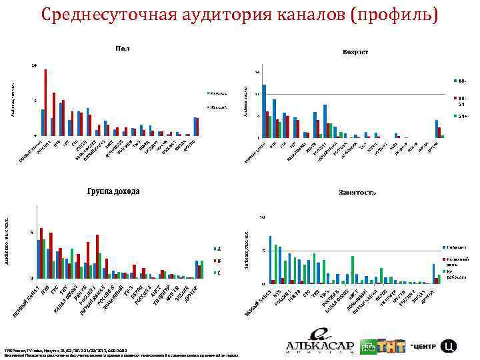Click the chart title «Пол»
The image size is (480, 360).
point(123,48)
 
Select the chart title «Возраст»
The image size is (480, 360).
point(355,52)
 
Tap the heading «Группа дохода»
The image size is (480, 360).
point(113,192)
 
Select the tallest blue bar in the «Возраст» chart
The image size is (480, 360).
point(264,111)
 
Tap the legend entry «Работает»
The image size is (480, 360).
point(451,247)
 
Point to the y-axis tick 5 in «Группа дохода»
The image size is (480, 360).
point(31,232)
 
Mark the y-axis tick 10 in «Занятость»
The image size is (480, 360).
point(262,217)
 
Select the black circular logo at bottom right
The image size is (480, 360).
point(449,345)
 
